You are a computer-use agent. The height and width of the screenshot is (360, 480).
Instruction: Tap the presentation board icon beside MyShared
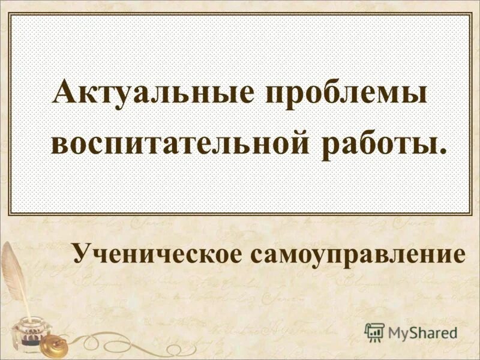[x=374, y=331]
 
